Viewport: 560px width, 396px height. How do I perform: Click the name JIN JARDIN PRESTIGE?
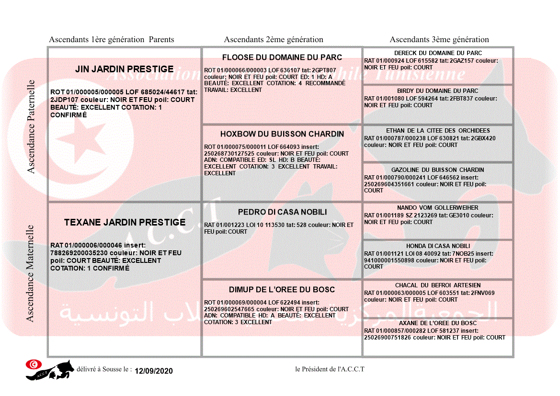pyautogui.click(x=124, y=69)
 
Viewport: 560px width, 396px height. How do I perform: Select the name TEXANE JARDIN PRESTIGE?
pyautogui.click(x=125, y=222)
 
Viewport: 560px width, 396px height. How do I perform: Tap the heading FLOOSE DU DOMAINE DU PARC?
pyautogui.click(x=282, y=57)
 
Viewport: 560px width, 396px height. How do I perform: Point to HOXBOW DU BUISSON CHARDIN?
pyautogui.click(x=282, y=134)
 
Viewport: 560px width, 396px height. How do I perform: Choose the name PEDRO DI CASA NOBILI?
pyautogui.click(x=282, y=212)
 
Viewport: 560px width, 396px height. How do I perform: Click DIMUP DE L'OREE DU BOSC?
pyautogui.click(x=282, y=290)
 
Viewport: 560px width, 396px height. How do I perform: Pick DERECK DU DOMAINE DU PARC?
pyautogui.click(x=438, y=53)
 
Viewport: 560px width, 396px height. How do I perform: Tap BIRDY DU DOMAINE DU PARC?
pyautogui.click(x=438, y=91)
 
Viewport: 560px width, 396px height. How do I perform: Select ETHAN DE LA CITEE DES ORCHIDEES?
pyautogui.click(x=438, y=131)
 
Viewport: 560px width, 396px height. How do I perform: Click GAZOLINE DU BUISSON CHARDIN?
pyautogui.click(x=438, y=170)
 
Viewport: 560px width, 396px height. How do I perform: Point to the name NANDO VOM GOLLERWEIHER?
pyautogui.click(x=438, y=208)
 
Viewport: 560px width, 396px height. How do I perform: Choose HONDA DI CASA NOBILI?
pyautogui.click(x=438, y=246)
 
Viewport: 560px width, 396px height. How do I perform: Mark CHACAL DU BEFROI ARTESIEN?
pyautogui.click(x=438, y=285)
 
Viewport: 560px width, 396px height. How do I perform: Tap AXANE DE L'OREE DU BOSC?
pyautogui.click(x=438, y=323)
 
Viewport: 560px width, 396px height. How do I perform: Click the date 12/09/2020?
pyautogui.click(x=153, y=371)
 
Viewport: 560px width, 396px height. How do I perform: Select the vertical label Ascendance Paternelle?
pyautogui.click(x=31, y=126)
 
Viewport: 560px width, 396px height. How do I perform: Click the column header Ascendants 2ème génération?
pyautogui.click(x=274, y=40)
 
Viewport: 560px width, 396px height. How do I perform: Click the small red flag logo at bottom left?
pyautogui.click(x=33, y=364)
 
